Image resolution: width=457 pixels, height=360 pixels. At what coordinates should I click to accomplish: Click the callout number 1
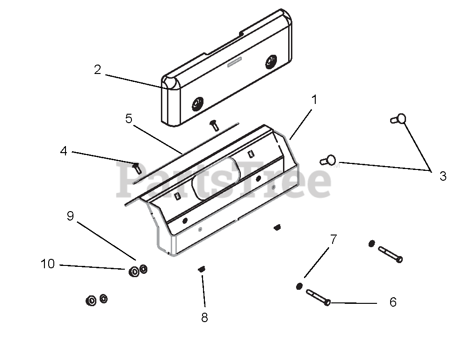pos(314,100)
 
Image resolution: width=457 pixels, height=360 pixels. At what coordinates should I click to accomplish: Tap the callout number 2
pos(97,70)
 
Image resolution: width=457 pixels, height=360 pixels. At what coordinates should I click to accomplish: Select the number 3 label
pos(442,176)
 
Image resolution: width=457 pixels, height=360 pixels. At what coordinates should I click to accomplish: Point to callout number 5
pos(129,118)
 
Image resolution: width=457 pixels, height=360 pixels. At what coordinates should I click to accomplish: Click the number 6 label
pos(393,302)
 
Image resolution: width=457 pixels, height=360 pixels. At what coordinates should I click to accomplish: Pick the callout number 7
pos(333,240)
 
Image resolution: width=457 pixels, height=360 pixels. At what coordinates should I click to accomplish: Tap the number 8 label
pos(204,317)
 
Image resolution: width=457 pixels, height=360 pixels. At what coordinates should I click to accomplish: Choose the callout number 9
pos(70,216)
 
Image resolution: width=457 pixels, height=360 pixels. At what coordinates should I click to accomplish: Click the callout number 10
pos(48,264)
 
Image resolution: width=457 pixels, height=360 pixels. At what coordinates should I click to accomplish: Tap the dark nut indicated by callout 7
pos(299,287)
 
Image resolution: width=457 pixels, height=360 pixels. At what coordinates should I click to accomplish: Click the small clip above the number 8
pos(202,269)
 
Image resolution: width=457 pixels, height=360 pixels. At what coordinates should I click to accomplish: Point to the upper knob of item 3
pos(399,119)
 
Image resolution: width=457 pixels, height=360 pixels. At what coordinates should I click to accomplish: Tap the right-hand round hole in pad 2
pos(271,61)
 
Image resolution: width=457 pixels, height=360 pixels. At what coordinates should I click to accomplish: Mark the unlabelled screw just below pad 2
pos(214,124)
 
